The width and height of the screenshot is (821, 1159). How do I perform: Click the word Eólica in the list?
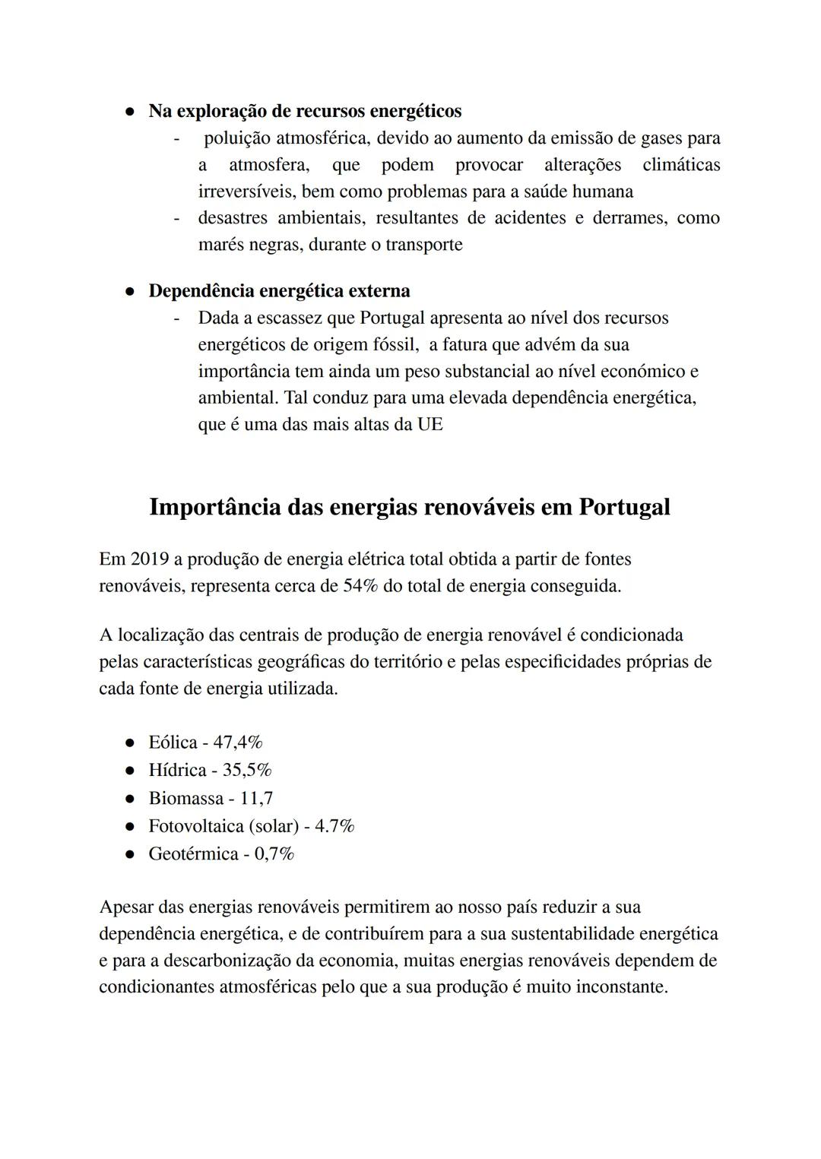[x=173, y=743]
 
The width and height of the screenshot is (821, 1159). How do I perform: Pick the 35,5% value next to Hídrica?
[x=246, y=771]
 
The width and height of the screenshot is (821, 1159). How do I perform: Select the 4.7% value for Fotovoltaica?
[x=334, y=826]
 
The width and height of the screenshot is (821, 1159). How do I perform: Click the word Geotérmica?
[x=193, y=854]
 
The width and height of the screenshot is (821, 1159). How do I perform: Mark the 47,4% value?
[x=237, y=743]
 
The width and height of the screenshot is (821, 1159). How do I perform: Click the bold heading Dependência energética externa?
[x=279, y=291]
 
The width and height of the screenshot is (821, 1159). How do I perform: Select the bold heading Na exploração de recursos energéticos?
[x=305, y=111]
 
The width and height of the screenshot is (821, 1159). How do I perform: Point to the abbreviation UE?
[x=430, y=425]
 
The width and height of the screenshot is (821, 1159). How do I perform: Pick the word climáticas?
[x=681, y=165]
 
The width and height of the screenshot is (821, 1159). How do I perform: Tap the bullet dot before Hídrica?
[x=131, y=771]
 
